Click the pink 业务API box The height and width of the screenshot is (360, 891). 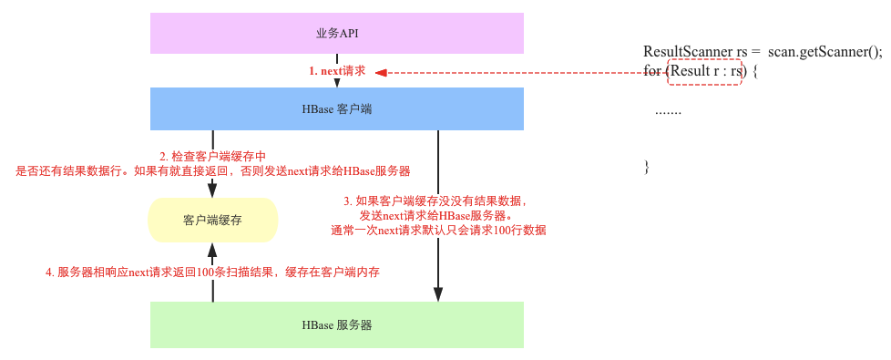click(336, 33)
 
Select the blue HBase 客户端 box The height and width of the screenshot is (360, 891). click(336, 108)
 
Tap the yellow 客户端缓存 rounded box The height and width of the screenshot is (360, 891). click(212, 220)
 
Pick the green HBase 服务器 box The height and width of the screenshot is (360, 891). click(336, 324)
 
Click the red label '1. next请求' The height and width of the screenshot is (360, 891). click(336, 71)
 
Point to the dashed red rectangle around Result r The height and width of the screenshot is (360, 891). click(704, 71)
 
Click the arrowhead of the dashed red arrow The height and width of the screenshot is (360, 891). click(381, 72)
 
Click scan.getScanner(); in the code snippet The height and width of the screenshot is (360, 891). click(824, 52)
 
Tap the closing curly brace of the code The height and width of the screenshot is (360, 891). click(647, 166)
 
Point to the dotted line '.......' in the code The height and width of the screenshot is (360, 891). click(668, 110)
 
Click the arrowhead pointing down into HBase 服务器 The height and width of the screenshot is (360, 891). click(438, 293)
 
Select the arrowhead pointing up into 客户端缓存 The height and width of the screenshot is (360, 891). click(212, 249)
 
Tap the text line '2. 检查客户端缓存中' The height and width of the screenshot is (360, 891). click(213, 156)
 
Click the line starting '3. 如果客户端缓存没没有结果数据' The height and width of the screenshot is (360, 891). click(435, 201)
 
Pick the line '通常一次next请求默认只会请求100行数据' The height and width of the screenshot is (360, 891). click(438, 231)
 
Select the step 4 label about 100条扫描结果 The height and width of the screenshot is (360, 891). click(212, 272)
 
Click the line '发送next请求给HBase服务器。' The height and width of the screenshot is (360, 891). click(435, 215)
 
